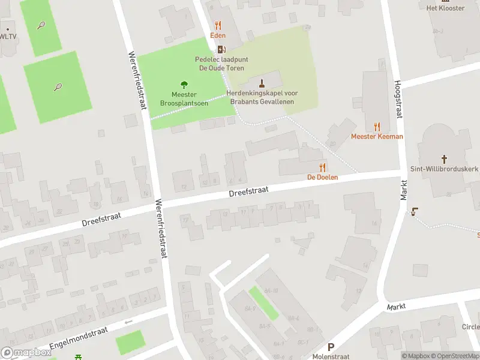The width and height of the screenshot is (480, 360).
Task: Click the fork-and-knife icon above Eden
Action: (x=218, y=25)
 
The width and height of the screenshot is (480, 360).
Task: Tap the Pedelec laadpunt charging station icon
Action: (x=221, y=49)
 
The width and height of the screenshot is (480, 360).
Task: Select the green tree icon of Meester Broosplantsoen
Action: (x=184, y=85)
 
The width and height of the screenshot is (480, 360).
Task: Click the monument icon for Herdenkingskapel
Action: (x=262, y=82)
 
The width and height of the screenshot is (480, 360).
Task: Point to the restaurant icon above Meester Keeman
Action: (x=377, y=126)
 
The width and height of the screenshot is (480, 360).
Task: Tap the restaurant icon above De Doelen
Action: (x=323, y=167)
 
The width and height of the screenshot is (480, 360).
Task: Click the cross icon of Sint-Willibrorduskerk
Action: (x=444, y=159)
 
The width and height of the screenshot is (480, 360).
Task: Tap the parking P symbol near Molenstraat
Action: (x=331, y=347)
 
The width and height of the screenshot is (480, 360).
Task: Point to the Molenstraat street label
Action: (x=331, y=356)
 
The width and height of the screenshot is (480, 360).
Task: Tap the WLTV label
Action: (x=8, y=36)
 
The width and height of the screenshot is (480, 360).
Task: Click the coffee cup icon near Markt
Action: (x=414, y=211)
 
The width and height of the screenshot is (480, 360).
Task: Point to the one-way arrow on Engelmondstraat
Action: (x=127, y=322)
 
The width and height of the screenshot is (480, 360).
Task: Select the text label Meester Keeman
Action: (x=377, y=136)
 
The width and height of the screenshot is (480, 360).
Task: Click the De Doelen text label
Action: (x=323, y=177)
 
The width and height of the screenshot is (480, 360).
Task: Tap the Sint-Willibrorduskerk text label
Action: (x=444, y=169)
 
